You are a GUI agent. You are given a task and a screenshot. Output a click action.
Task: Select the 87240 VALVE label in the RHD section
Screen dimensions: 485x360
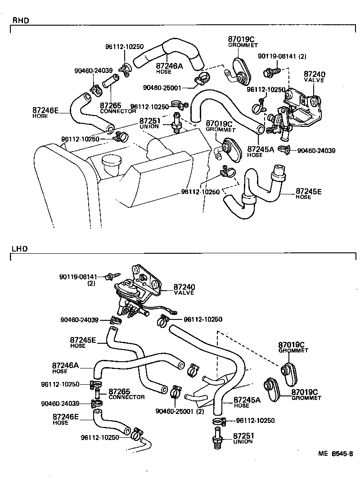pos(314,76)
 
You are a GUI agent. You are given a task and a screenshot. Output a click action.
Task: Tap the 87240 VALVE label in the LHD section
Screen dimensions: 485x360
pos(184,289)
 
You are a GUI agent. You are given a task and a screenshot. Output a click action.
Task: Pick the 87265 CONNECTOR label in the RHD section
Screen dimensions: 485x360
pos(117,108)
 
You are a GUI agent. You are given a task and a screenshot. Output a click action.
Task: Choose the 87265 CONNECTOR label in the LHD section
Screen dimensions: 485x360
pos(126,394)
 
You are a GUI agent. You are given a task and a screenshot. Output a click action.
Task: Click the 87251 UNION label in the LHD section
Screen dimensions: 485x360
pos(243,439)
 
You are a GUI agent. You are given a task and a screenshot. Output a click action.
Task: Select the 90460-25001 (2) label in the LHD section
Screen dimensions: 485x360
pos(179,411)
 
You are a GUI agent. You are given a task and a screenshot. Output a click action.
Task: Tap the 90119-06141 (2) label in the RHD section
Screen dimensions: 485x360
pos(282,56)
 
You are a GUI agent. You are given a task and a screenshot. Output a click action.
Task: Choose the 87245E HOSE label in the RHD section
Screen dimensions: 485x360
pos(309,194)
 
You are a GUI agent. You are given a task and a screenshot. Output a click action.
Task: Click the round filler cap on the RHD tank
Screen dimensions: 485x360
pos(111,161)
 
